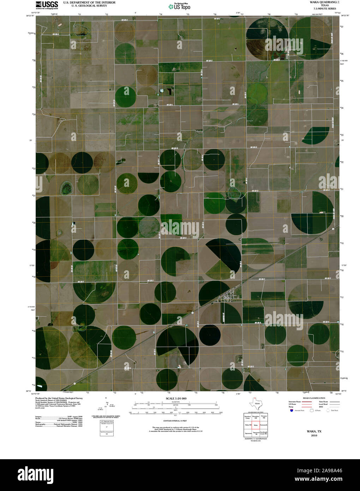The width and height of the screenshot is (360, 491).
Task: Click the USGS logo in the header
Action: tap(47, 5)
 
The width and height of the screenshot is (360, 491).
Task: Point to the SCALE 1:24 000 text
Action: tap(176, 398)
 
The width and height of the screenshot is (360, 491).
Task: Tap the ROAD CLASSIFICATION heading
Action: tap(311, 398)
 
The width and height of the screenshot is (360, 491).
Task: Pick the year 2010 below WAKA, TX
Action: tap(314, 435)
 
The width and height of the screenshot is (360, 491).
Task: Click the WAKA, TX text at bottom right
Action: tap(314, 431)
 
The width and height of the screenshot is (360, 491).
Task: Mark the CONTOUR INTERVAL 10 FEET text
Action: tap(175, 421)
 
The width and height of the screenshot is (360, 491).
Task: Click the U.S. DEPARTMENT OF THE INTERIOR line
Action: tap(89, 2)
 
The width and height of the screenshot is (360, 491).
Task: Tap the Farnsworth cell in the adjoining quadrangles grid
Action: tap(264, 425)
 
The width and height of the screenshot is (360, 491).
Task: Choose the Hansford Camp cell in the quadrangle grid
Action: tap(247, 417)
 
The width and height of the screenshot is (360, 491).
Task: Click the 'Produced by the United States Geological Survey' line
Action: tap(59, 398)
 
